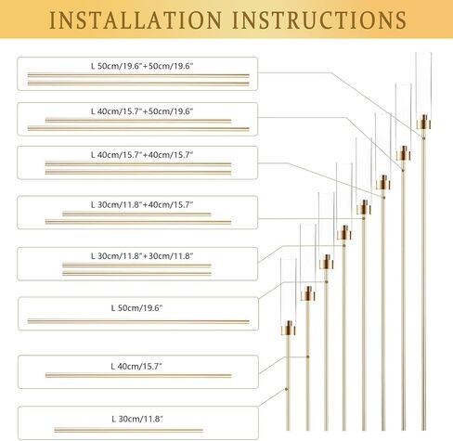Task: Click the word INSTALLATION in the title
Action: point(136,20)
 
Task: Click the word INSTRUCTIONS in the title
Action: point(319,20)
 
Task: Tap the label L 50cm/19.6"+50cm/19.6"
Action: point(142,66)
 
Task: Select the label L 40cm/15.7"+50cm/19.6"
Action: point(142,111)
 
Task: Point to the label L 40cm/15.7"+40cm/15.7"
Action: point(142,155)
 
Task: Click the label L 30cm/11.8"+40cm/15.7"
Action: point(142,204)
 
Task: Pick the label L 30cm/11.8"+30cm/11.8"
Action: point(142,256)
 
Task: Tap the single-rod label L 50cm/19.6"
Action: point(136,308)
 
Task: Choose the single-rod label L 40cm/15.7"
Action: point(136,367)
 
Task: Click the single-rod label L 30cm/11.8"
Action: point(137,419)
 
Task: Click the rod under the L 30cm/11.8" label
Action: point(129,430)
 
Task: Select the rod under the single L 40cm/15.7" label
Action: point(138,376)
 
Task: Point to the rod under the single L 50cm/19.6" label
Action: point(138,321)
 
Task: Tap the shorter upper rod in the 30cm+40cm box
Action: point(136,214)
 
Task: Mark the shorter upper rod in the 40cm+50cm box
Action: point(138,121)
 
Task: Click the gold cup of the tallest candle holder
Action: point(423,123)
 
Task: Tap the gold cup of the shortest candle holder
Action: point(289,328)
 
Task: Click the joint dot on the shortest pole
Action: point(287,389)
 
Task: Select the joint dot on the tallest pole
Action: point(423,138)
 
